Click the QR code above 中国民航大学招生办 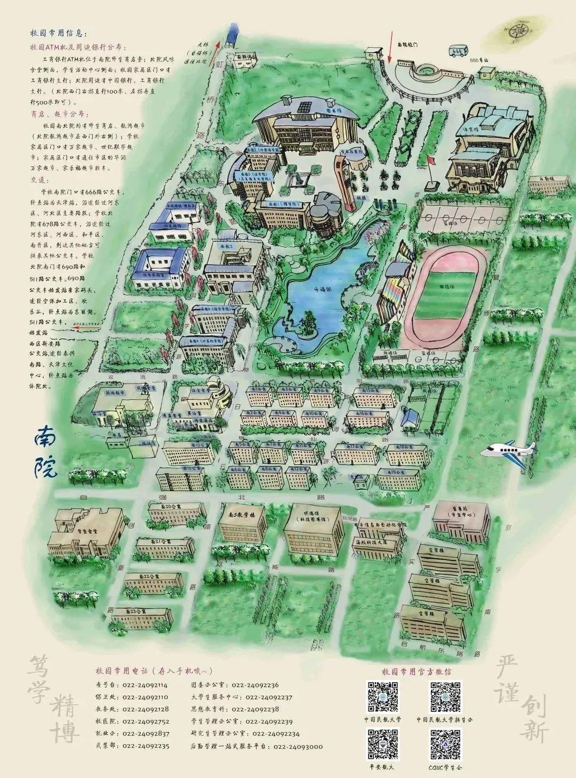(x=445, y=696)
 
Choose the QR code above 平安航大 (x=383, y=744)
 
